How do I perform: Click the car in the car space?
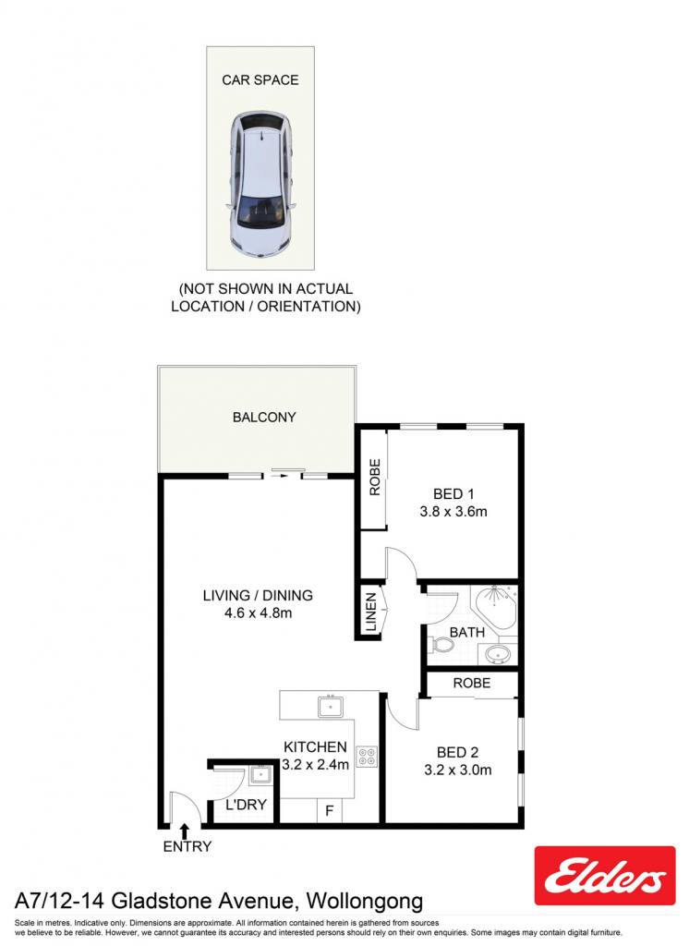pyautogui.click(x=260, y=185)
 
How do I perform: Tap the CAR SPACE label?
pyautogui.click(x=260, y=80)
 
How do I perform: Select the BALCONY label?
pyautogui.click(x=264, y=417)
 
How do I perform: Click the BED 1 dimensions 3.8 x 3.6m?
pyautogui.click(x=453, y=512)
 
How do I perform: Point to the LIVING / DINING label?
pyautogui.click(x=258, y=596)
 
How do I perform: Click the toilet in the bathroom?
pyautogui.click(x=441, y=646)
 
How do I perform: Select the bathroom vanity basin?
pyautogui.click(x=499, y=653)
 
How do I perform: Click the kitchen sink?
pyautogui.click(x=331, y=706)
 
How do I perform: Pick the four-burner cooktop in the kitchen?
pyautogui.click(x=367, y=757)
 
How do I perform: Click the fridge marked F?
pyautogui.click(x=330, y=810)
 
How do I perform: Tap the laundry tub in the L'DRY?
pyautogui.click(x=261, y=774)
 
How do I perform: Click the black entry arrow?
pyautogui.click(x=185, y=831)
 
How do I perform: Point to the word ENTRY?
pyautogui.click(x=187, y=846)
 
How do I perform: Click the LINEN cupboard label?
pyautogui.click(x=371, y=612)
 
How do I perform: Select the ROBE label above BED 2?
pyautogui.click(x=472, y=683)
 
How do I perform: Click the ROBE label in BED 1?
pyautogui.click(x=375, y=478)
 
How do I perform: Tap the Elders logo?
pyautogui.click(x=605, y=876)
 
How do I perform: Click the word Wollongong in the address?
pyautogui.click(x=365, y=902)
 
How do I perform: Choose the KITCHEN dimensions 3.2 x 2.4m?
pyautogui.click(x=316, y=765)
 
